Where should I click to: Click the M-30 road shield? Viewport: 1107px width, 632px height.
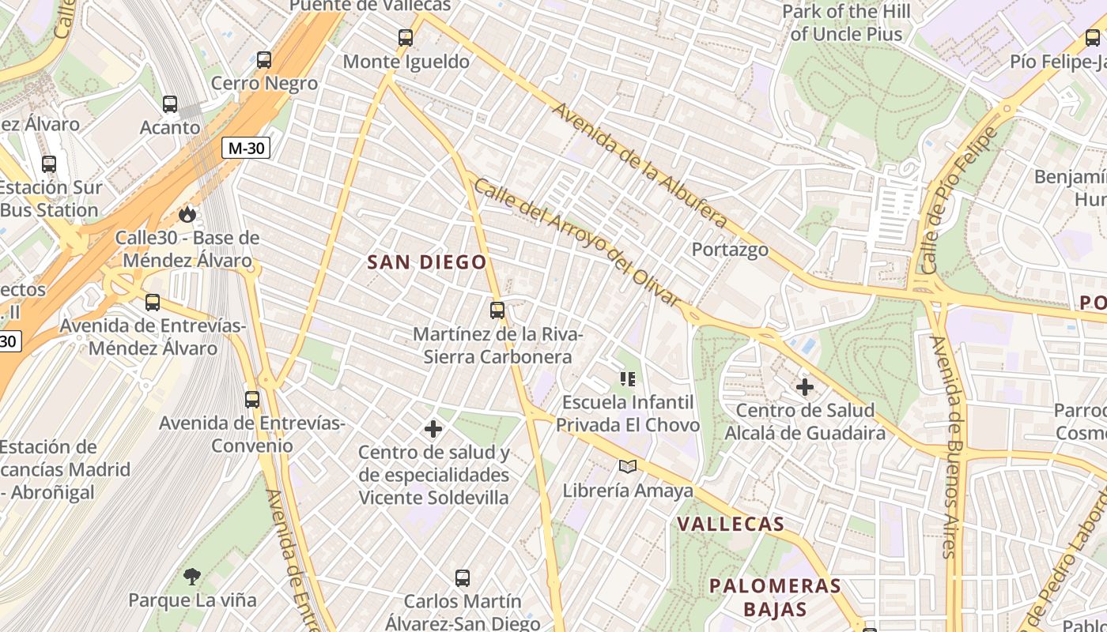(x=245, y=148)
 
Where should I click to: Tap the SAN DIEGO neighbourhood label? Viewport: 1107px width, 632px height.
(x=427, y=262)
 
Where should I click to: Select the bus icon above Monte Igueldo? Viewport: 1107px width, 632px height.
(x=406, y=37)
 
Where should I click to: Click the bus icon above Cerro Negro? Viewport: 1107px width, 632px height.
(x=264, y=59)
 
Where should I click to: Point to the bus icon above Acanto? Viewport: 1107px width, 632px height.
(x=170, y=103)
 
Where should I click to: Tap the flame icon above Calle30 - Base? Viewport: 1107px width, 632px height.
(x=187, y=214)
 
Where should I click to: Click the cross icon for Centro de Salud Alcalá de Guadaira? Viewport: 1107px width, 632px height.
(x=805, y=387)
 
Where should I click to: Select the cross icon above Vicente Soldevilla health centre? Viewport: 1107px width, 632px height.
(x=433, y=429)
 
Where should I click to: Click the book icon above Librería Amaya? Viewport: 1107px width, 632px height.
(x=628, y=467)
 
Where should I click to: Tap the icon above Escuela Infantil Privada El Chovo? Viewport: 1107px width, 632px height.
(x=628, y=379)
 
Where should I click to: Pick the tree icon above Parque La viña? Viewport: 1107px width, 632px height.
(x=192, y=576)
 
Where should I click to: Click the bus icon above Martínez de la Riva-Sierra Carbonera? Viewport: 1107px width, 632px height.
(x=497, y=310)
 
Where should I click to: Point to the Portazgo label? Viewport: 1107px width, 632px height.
(x=730, y=250)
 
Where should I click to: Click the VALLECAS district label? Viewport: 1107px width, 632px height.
(x=731, y=524)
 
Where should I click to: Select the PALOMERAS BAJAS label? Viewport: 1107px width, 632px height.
(x=775, y=597)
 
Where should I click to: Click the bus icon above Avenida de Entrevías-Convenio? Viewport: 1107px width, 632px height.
(x=252, y=400)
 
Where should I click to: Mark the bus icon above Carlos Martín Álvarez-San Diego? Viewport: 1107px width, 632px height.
(x=463, y=578)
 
